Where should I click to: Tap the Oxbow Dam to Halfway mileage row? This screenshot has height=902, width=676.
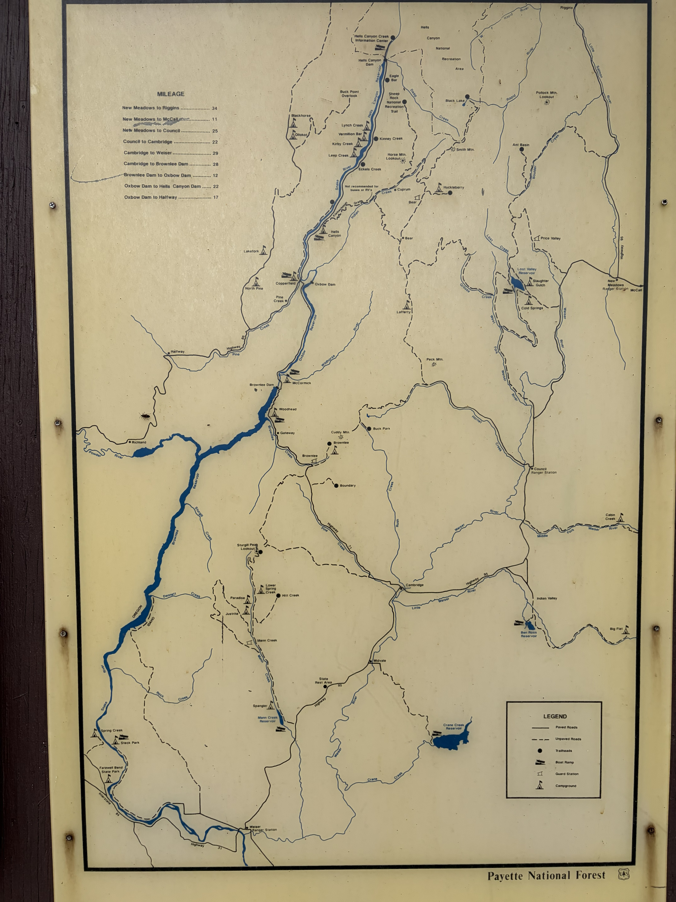point(171,197)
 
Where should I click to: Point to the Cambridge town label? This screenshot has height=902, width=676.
point(414,585)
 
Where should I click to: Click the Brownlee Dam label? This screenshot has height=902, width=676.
point(262,385)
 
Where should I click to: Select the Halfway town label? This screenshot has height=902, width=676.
point(178,352)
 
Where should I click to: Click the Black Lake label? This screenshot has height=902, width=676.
point(455,101)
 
